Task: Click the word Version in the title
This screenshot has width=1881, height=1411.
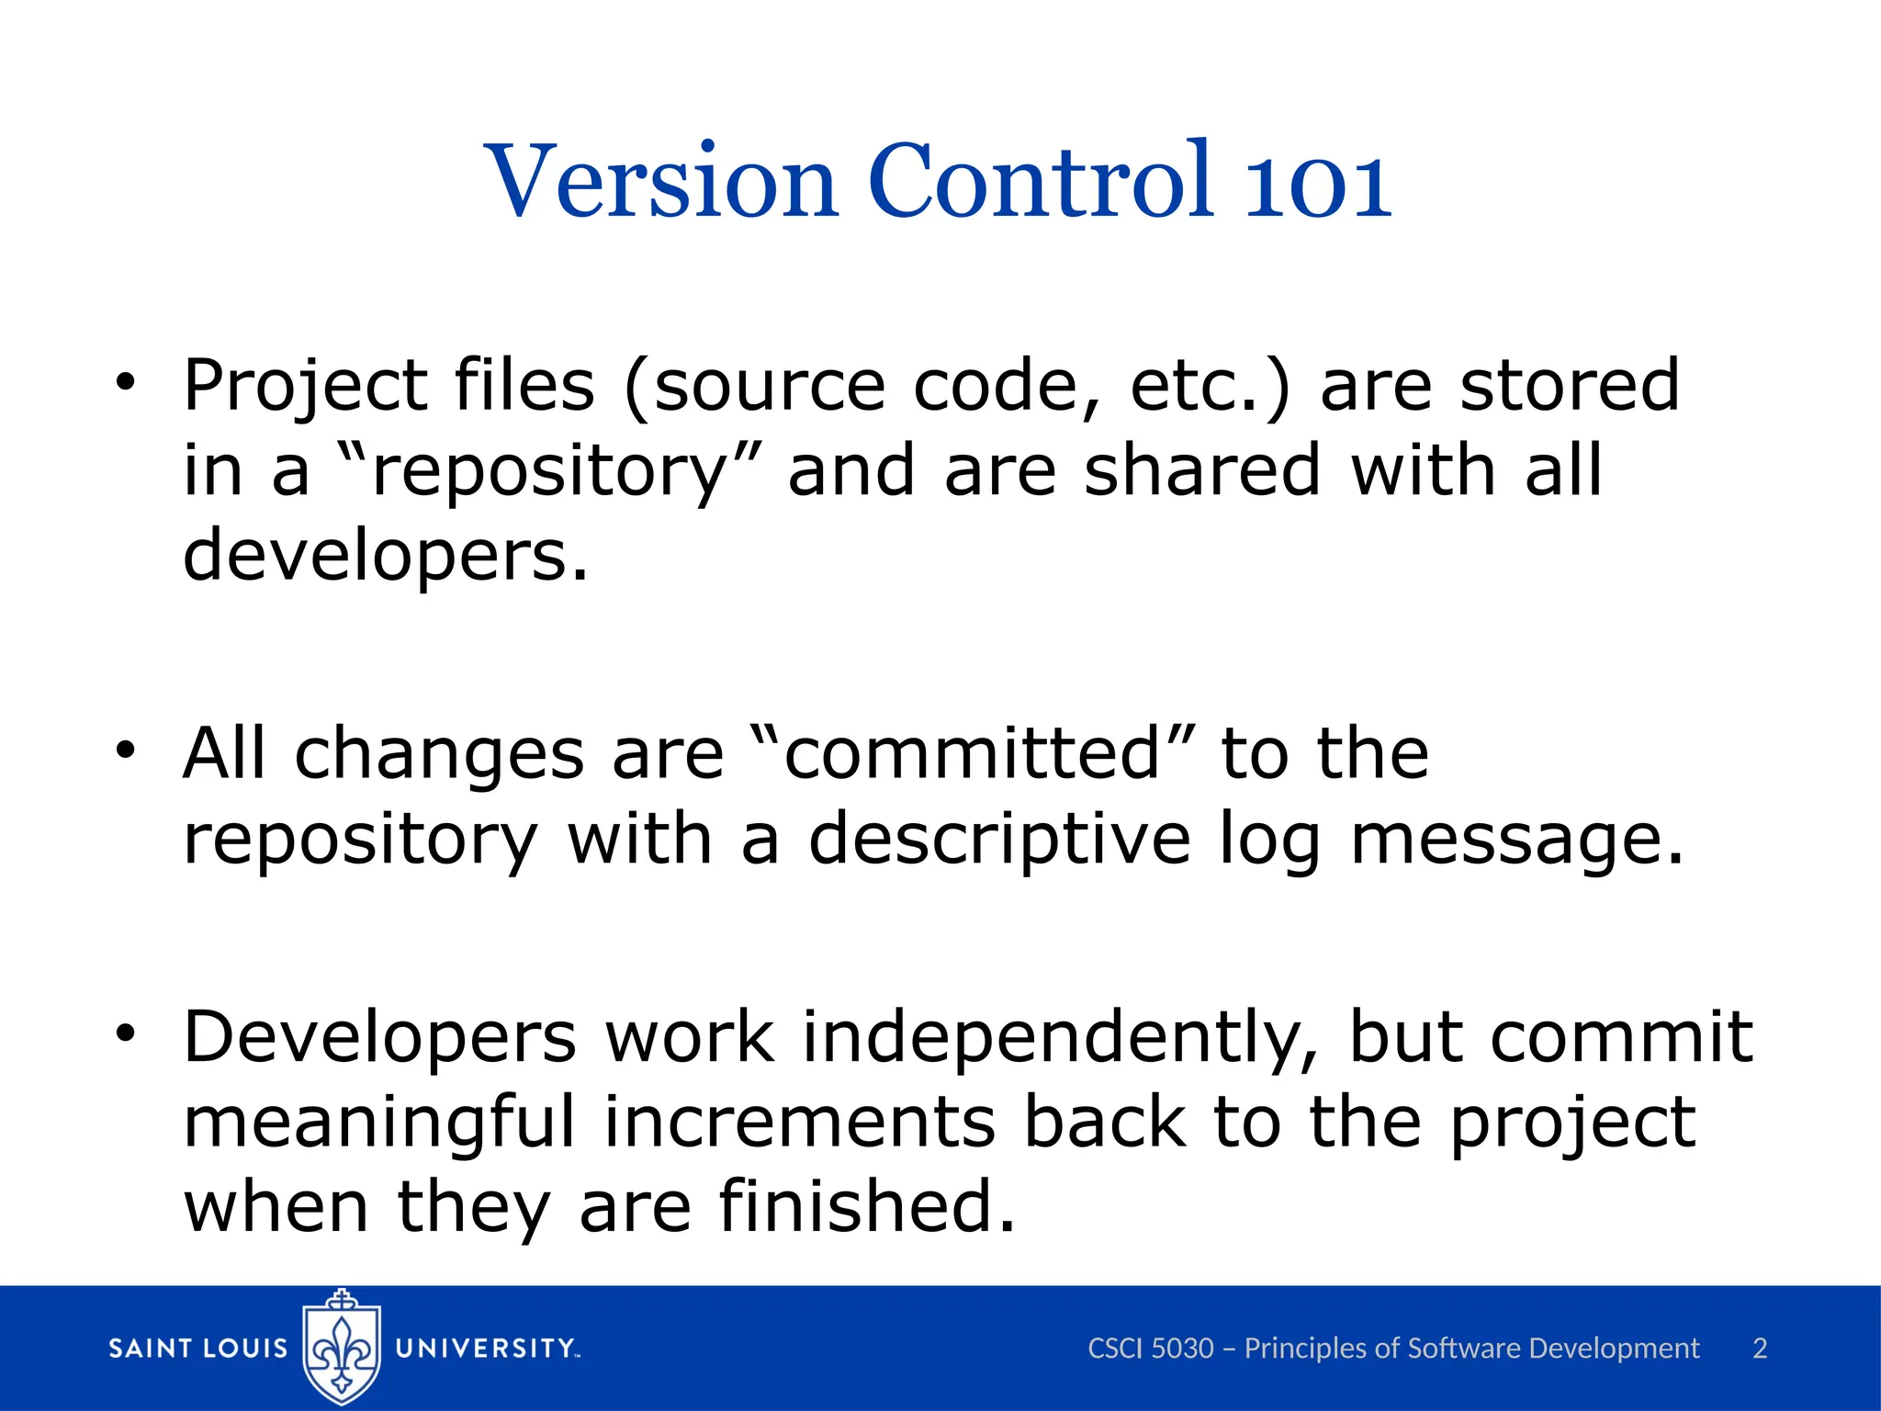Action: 661,181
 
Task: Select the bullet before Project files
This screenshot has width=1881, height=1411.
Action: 126,383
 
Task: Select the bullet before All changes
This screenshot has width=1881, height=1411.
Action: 126,751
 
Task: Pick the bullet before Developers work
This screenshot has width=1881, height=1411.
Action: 126,1034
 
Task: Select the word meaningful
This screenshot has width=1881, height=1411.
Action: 379,1123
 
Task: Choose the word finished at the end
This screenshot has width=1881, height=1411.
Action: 866,1206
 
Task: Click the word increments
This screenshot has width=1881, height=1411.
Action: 799,1123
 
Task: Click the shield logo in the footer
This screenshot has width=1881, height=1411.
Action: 342,1347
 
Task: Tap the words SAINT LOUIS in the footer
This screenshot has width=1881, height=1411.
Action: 198,1349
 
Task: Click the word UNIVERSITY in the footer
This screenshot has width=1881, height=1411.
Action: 485,1349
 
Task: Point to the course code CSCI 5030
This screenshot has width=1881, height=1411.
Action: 1150,1349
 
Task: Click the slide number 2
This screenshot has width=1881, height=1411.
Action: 1760,1349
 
